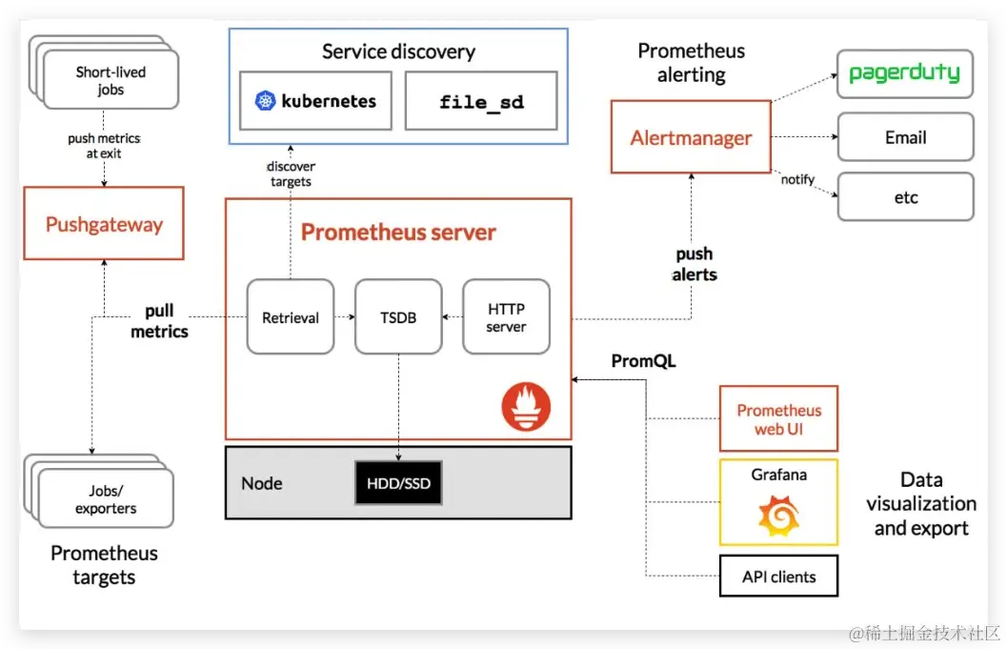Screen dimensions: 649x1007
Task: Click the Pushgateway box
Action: [104, 225]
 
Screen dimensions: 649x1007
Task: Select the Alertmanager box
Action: [691, 137]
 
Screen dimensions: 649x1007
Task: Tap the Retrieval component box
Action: [290, 317]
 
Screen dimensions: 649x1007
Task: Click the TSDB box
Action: [398, 317]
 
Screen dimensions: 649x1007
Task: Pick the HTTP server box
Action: [506, 317]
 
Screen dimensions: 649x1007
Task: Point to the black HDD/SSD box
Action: [398, 483]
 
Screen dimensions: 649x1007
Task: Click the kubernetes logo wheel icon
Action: [266, 101]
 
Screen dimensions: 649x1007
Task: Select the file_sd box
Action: [481, 101]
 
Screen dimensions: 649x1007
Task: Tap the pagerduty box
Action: [904, 73]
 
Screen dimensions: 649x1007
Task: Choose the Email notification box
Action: [905, 137]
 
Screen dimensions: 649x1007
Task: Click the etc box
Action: [905, 197]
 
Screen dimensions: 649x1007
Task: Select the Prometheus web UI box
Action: [778, 419]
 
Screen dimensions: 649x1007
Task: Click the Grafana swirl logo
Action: [778, 517]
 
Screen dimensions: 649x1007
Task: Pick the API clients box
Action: [778, 576]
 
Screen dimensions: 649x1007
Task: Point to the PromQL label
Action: [643, 361]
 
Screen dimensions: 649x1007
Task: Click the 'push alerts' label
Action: [695, 264]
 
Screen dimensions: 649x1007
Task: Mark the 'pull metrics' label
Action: [159, 322]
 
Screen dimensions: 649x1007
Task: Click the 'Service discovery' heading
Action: [398, 51]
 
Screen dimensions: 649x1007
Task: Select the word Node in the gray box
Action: [261, 483]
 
